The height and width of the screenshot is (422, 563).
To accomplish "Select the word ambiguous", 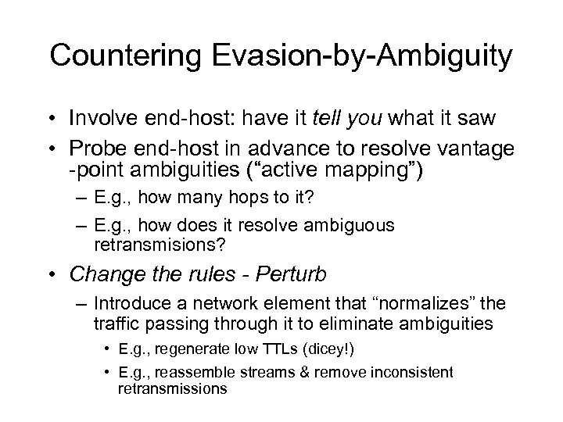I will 356,225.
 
